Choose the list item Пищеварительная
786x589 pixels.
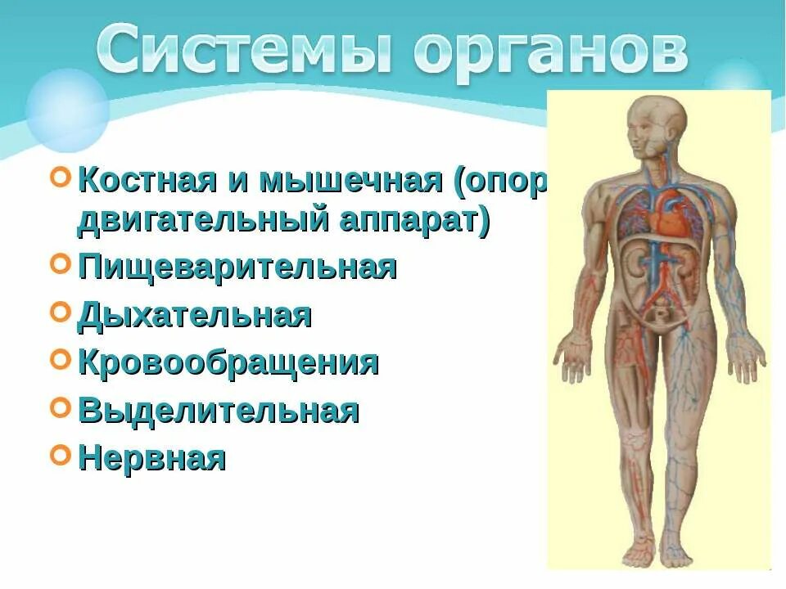pos(237,268)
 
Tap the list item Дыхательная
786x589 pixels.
pos(195,315)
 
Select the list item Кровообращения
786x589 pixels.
pos(228,362)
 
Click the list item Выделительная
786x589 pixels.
pos(219,410)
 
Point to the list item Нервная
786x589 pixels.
pos(151,457)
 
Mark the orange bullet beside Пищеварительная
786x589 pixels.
pos(60,263)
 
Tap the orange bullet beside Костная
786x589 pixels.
pos(60,178)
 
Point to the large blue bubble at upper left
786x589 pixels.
pos(67,109)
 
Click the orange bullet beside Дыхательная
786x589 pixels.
pos(60,311)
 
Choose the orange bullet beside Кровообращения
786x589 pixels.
pos(60,358)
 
